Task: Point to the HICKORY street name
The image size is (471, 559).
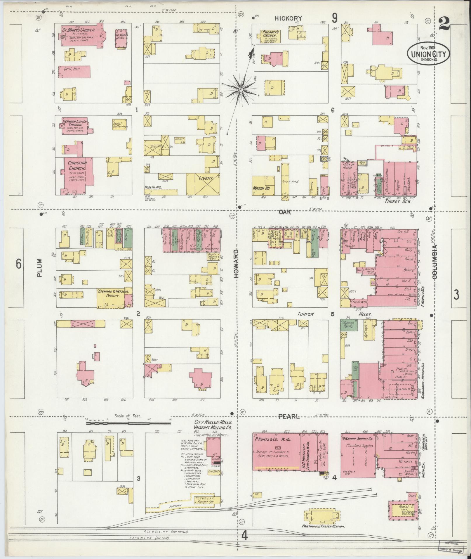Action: pyautogui.click(x=288, y=18)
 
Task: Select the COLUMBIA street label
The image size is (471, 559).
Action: pyautogui.click(x=435, y=262)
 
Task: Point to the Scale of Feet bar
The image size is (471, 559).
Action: pyautogui.click(x=128, y=422)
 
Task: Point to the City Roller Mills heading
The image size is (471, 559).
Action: pyautogui.click(x=213, y=422)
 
